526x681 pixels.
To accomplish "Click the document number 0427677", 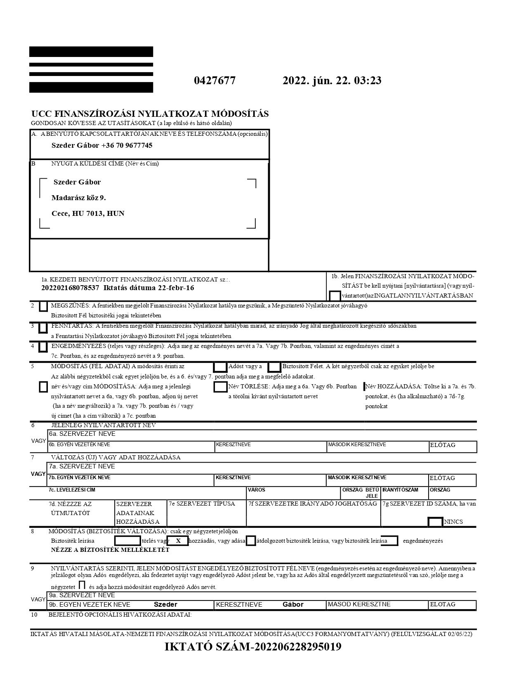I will click(215, 80).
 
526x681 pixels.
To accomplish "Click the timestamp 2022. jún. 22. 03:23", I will click(332, 80).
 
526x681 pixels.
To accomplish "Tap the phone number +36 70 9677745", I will click(127, 145).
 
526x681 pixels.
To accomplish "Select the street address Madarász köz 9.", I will click(78, 198).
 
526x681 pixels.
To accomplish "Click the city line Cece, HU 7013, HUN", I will click(88, 213).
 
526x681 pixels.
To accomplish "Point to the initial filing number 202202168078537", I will click(71, 288).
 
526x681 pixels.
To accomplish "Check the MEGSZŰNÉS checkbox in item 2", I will click(43, 307).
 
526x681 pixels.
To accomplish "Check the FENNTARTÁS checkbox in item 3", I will click(43, 328).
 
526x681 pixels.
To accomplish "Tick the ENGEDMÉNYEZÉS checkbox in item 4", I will click(43, 348).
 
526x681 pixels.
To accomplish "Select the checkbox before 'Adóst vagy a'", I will click(220, 367).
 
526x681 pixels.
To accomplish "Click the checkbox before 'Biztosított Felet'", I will click(274, 367).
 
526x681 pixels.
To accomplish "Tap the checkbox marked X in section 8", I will click(178, 541).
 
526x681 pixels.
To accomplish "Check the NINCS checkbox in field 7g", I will click(435, 522).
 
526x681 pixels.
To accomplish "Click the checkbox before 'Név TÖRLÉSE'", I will click(220, 387).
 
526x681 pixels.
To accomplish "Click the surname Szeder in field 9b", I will click(165, 604).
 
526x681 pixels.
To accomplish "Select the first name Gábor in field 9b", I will click(293, 604).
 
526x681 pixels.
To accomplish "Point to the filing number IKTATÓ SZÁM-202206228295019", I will click(253, 647).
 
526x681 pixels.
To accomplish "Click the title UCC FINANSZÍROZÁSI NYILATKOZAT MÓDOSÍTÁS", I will click(150, 114).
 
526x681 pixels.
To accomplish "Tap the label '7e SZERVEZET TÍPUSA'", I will click(202, 504).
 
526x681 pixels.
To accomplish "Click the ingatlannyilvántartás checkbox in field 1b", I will click(335, 296).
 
